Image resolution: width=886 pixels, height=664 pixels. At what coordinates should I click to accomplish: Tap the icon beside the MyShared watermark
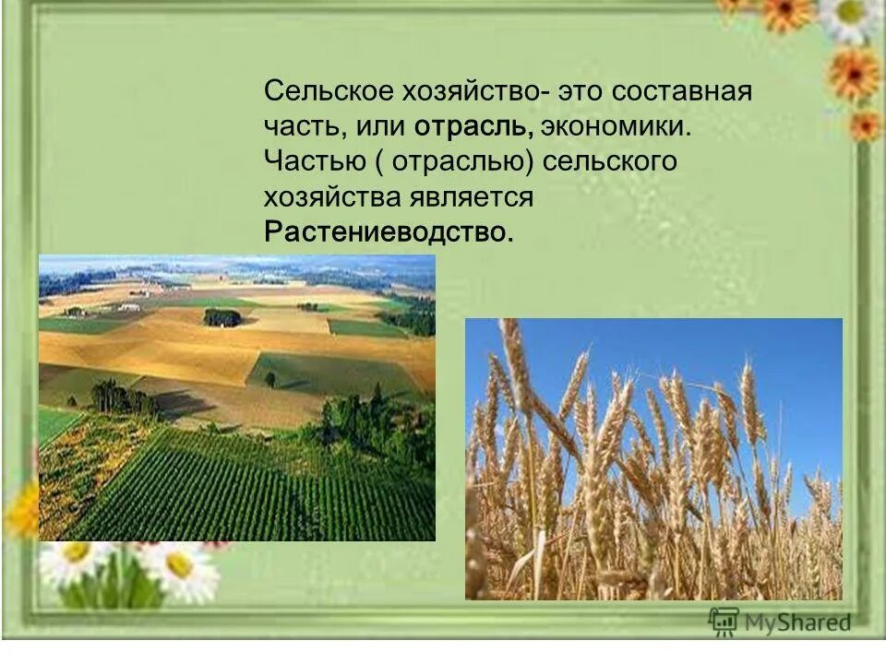pyautogui.click(x=724, y=621)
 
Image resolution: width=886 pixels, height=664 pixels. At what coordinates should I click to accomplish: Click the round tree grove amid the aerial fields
pyautogui.click(x=221, y=317)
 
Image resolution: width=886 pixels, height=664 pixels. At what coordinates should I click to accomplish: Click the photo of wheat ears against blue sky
pyautogui.click(x=653, y=458)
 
